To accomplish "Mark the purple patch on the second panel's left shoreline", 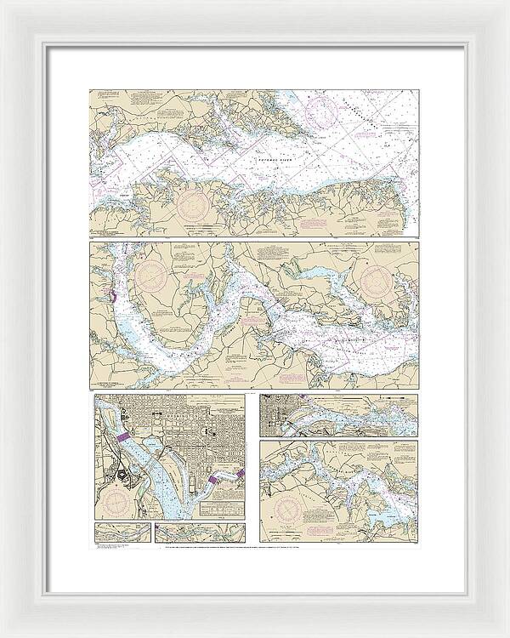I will click(x=111, y=297).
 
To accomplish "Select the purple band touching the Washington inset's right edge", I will click(x=241, y=473).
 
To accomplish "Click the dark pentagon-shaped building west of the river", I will click(x=123, y=478).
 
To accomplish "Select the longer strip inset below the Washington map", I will click(x=201, y=533).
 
